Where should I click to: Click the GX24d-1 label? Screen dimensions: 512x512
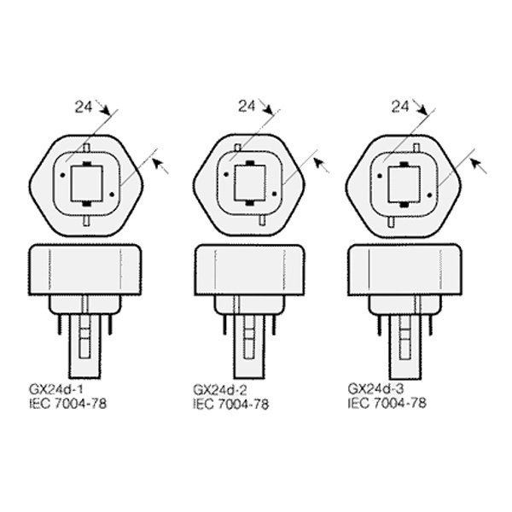click(56, 389)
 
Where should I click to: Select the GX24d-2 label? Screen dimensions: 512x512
click(220, 390)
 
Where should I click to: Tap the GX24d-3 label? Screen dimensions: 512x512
click(375, 388)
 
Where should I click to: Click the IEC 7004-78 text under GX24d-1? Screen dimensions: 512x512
click(68, 404)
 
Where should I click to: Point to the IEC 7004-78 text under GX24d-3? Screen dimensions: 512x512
click(387, 403)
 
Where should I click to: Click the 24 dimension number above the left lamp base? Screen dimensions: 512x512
click(84, 107)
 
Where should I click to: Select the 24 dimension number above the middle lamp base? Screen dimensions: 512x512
click(247, 106)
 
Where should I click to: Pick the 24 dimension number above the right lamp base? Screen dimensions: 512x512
click(400, 107)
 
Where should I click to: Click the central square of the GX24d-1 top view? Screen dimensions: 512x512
click(87, 183)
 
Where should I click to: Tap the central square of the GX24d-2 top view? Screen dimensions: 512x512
click(250, 183)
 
